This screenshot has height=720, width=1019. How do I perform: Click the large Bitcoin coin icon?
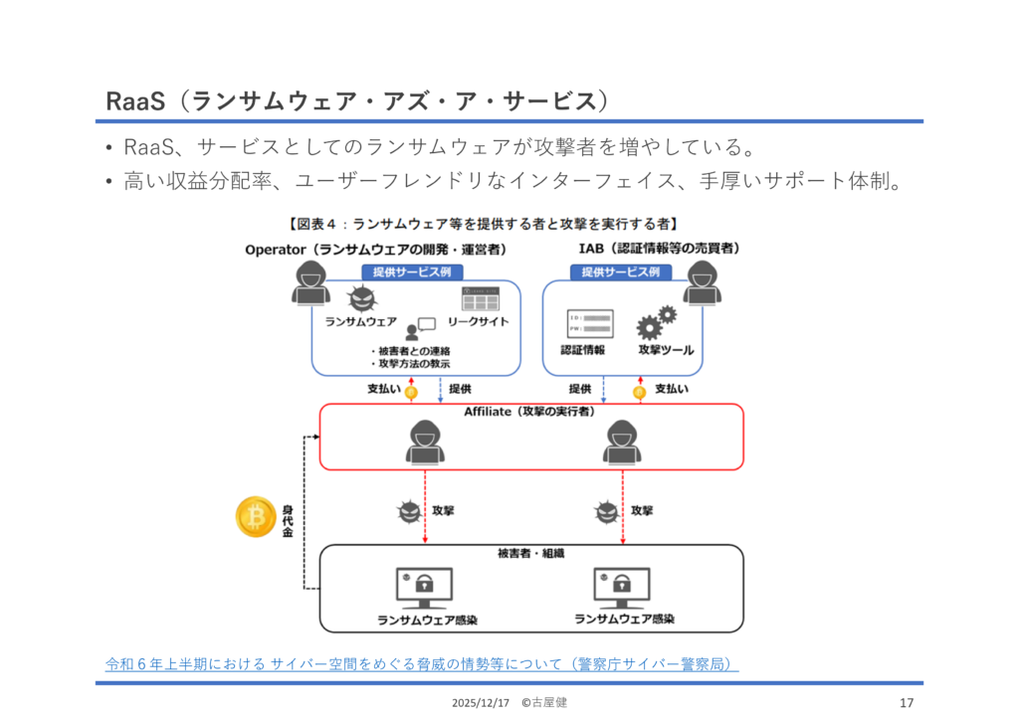(x=256, y=516)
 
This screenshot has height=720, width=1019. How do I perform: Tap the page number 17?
(x=906, y=703)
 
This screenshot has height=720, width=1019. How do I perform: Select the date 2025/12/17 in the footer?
(x=480, y=703)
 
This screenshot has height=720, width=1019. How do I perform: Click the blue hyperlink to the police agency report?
(x=422, y=663)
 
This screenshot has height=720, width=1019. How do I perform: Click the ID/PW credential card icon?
(x=590, y=323)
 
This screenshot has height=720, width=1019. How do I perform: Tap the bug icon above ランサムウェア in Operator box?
(x=360, y=299)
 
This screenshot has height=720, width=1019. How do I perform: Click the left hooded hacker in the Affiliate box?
(x=425, y=442)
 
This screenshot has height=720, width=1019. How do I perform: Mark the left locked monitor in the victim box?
(x=425, y=588)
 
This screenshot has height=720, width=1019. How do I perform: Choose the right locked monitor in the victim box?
(x=623, y=588)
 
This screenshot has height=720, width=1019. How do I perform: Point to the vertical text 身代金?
(x=288, y=520)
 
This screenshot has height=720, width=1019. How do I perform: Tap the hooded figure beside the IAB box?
(x=703, y=283)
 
